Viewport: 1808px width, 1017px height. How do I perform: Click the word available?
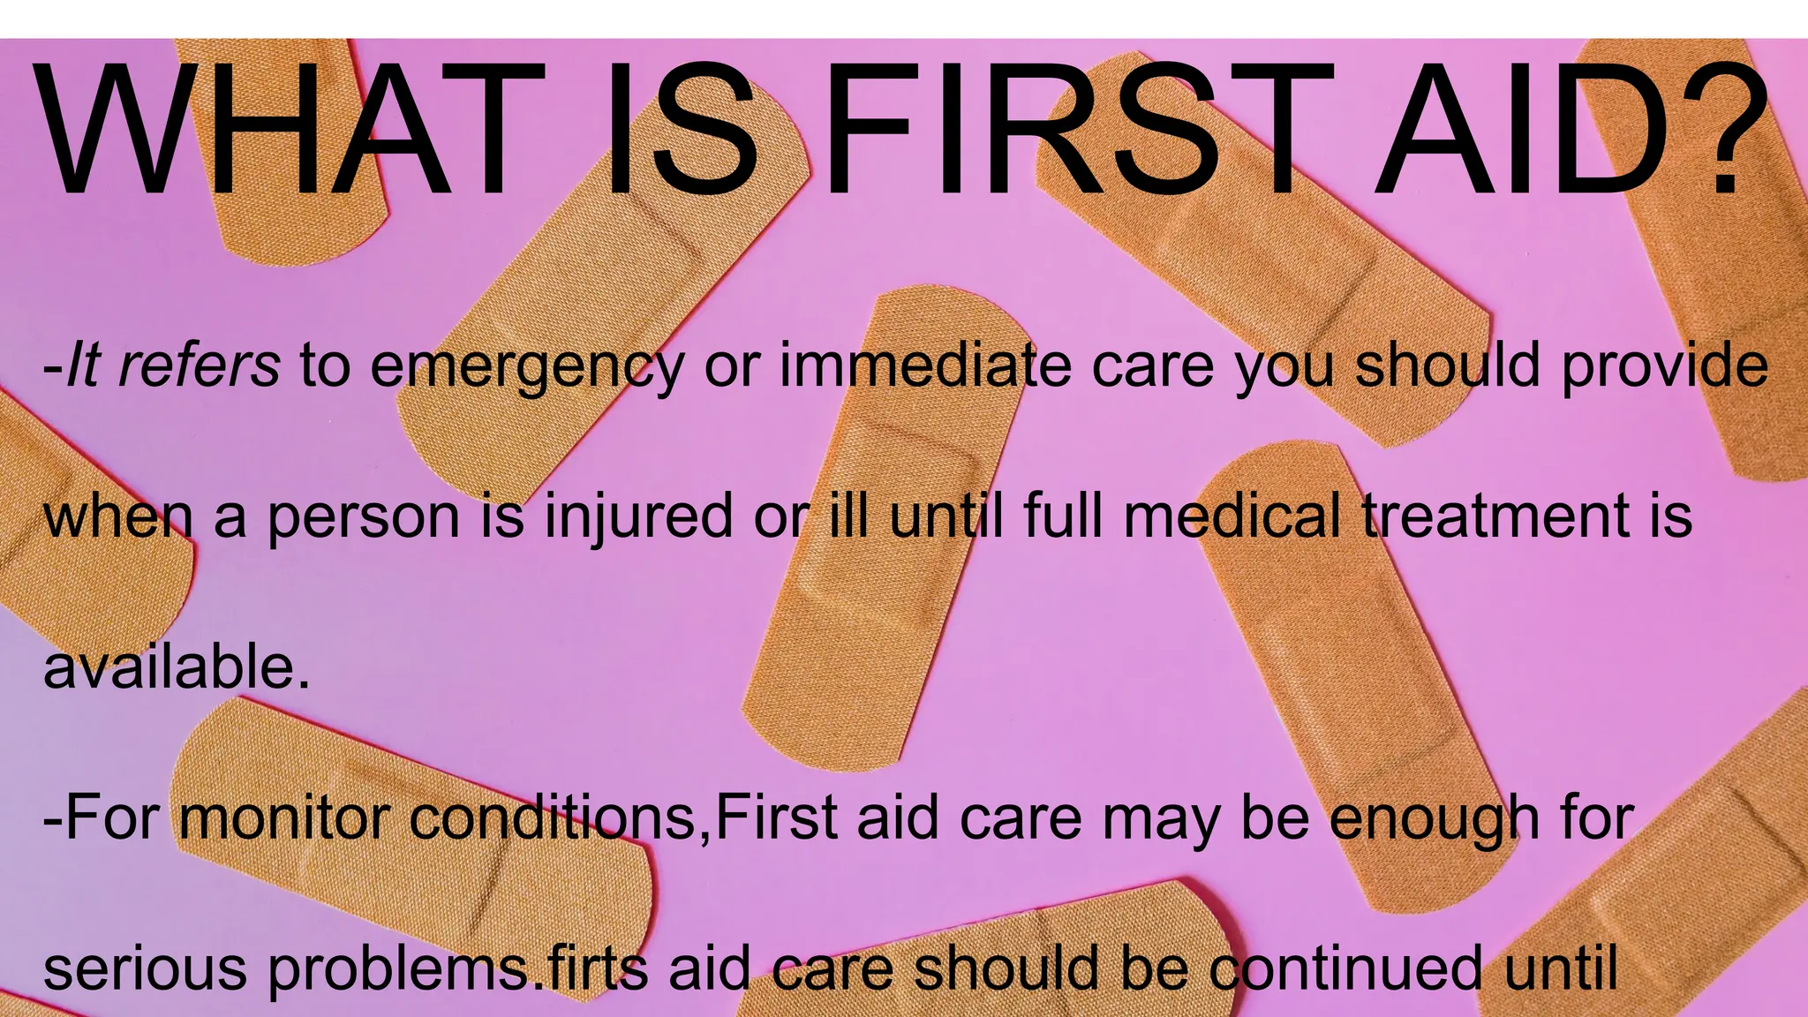(x=177, y=667)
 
